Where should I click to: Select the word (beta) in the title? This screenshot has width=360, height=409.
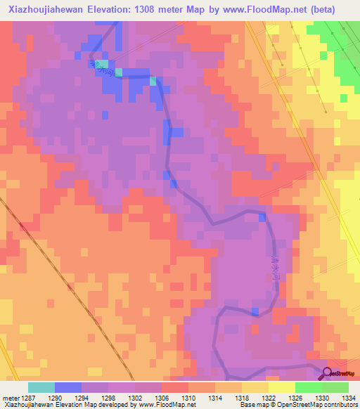tap(319, 9)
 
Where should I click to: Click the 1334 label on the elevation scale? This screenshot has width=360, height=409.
tap(349, 398)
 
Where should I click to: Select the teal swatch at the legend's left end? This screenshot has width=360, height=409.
tap(41, 387)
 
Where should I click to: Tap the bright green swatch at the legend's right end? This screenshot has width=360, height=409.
tap(335, 387)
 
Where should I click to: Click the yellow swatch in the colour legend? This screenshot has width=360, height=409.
tap(282, 387)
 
